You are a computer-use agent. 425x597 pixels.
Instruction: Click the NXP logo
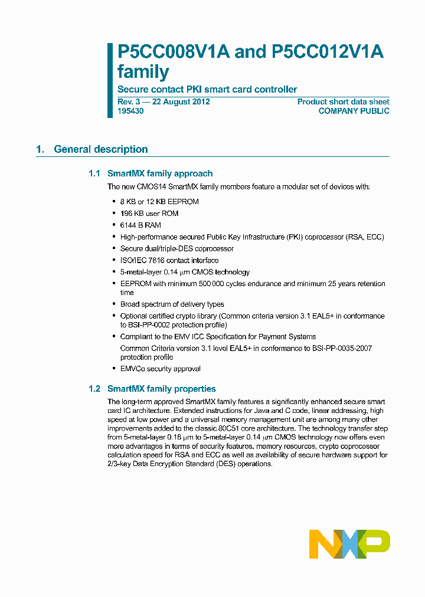(x=349, y=544)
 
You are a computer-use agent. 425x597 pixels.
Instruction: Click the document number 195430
(x=130, y=111)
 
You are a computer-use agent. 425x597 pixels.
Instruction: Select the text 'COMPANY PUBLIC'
(x=354, y=111)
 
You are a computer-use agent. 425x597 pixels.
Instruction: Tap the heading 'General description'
(x=100, y=149)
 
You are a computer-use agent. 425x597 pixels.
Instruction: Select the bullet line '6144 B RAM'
(x=140, y=225)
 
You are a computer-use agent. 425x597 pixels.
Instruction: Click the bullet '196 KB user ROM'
(x=149, y=213)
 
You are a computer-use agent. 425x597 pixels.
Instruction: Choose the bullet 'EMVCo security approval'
(x=160, y=369)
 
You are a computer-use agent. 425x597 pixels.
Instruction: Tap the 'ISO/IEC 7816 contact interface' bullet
(x=169, y=260)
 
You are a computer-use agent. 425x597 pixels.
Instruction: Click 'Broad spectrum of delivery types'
(x=172, y=304)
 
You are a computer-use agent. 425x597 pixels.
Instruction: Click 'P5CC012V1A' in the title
(x=328, y=52)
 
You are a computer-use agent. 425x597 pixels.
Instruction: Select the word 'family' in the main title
(x=143, y=72)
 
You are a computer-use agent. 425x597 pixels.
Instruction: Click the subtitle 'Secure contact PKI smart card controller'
(x=207, y=90)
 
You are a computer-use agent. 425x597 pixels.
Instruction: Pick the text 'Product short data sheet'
(x=343, y=101)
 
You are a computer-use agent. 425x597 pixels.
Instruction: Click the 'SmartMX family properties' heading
(x=161, y=389)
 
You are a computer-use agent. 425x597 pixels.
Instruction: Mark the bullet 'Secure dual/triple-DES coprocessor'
(x=176, y=248)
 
